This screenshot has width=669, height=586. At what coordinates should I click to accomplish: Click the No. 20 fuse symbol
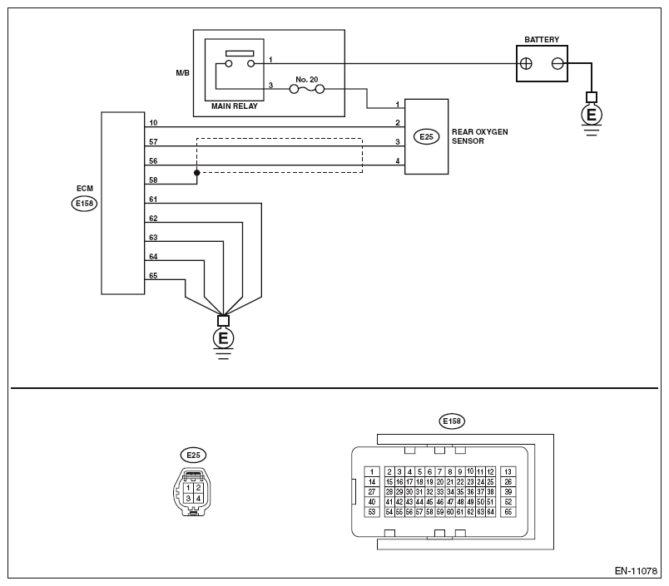(307, 89)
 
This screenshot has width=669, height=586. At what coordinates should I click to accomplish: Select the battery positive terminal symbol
(526, 64)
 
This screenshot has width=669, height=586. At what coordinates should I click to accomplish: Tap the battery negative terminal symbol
(557, 64)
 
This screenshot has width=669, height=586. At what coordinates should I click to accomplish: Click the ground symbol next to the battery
(592, 114)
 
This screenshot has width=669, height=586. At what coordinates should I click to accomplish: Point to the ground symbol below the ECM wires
(223, 337)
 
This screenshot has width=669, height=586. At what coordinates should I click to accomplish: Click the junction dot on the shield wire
(196, 173)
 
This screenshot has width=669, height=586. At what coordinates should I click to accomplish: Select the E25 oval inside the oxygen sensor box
(426, 137)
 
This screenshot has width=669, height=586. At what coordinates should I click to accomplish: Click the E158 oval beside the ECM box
(85, 204)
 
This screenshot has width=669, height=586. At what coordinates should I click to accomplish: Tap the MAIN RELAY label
(235, 106)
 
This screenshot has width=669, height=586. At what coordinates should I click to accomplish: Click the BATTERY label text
(542, 40)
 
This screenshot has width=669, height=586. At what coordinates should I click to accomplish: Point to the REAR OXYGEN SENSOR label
(479, 136)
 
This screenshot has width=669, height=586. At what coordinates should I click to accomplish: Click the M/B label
(182, 73)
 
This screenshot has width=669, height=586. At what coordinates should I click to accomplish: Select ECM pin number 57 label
(153, 141)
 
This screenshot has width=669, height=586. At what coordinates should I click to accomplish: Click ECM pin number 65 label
(153, 275)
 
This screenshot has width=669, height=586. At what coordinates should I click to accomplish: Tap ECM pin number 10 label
(153, 123)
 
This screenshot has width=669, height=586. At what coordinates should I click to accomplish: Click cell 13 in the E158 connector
(508, 472)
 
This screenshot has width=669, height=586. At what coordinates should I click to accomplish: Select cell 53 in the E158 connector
(372, 512)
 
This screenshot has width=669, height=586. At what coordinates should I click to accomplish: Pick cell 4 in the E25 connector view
(198, 498)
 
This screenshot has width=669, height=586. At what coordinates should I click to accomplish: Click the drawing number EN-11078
(636, 571)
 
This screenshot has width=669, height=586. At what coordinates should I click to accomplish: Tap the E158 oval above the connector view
(452, 421)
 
